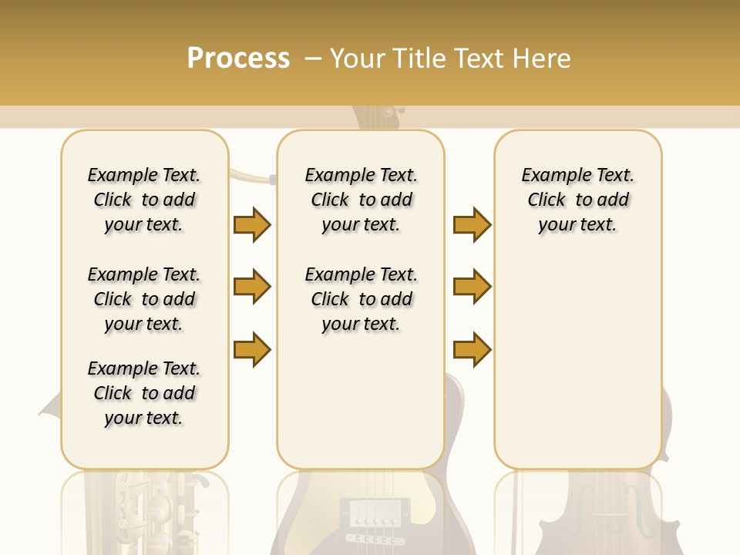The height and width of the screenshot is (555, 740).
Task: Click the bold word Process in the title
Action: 238,58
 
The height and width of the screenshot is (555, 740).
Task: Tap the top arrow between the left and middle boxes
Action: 252,224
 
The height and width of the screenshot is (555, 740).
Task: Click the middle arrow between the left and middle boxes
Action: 252,287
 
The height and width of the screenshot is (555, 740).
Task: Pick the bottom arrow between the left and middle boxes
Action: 252,349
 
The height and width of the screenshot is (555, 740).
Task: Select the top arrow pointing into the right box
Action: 472,224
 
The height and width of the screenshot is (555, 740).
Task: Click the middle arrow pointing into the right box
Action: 472,287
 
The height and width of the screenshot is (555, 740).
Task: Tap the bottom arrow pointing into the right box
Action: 472,349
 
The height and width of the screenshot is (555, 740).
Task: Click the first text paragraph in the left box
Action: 144,200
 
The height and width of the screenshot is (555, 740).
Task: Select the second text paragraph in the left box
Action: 144,299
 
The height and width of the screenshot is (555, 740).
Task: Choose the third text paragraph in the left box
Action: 144,393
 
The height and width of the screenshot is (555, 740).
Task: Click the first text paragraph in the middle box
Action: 361,200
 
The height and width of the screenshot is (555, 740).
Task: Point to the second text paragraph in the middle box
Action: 361,299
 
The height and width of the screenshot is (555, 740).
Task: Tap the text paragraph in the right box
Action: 577,200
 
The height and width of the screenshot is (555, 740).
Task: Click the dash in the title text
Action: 313,59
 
